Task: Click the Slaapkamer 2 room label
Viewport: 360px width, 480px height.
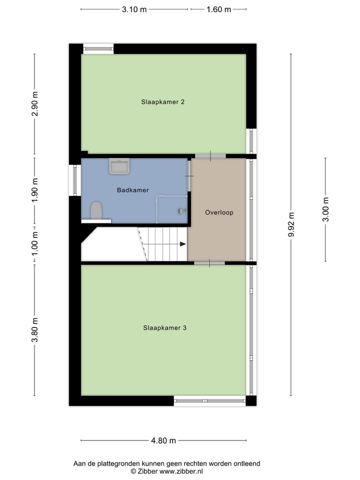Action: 163,102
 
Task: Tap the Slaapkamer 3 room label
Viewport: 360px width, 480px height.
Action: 164,328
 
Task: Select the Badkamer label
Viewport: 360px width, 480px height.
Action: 133,190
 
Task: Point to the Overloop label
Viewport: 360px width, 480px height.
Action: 219,212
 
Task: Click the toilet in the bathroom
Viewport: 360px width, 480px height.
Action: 96,210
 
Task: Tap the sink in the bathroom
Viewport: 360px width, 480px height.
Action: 119,166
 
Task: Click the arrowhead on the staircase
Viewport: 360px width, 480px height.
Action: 182,244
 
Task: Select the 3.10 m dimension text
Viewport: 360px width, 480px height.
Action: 134,9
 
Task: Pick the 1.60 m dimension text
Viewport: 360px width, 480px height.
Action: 218,9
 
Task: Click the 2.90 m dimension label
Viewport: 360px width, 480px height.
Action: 34,104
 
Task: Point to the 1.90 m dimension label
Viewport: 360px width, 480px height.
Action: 34,190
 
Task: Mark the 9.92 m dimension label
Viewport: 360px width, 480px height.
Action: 291,225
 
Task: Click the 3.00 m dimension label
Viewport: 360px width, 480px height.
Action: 325,209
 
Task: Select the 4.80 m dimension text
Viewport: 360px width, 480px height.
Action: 163,440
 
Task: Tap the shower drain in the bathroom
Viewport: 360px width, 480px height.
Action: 180,211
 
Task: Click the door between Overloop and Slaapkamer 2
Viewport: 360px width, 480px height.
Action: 210,156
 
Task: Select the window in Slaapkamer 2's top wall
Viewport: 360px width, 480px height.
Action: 98,48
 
